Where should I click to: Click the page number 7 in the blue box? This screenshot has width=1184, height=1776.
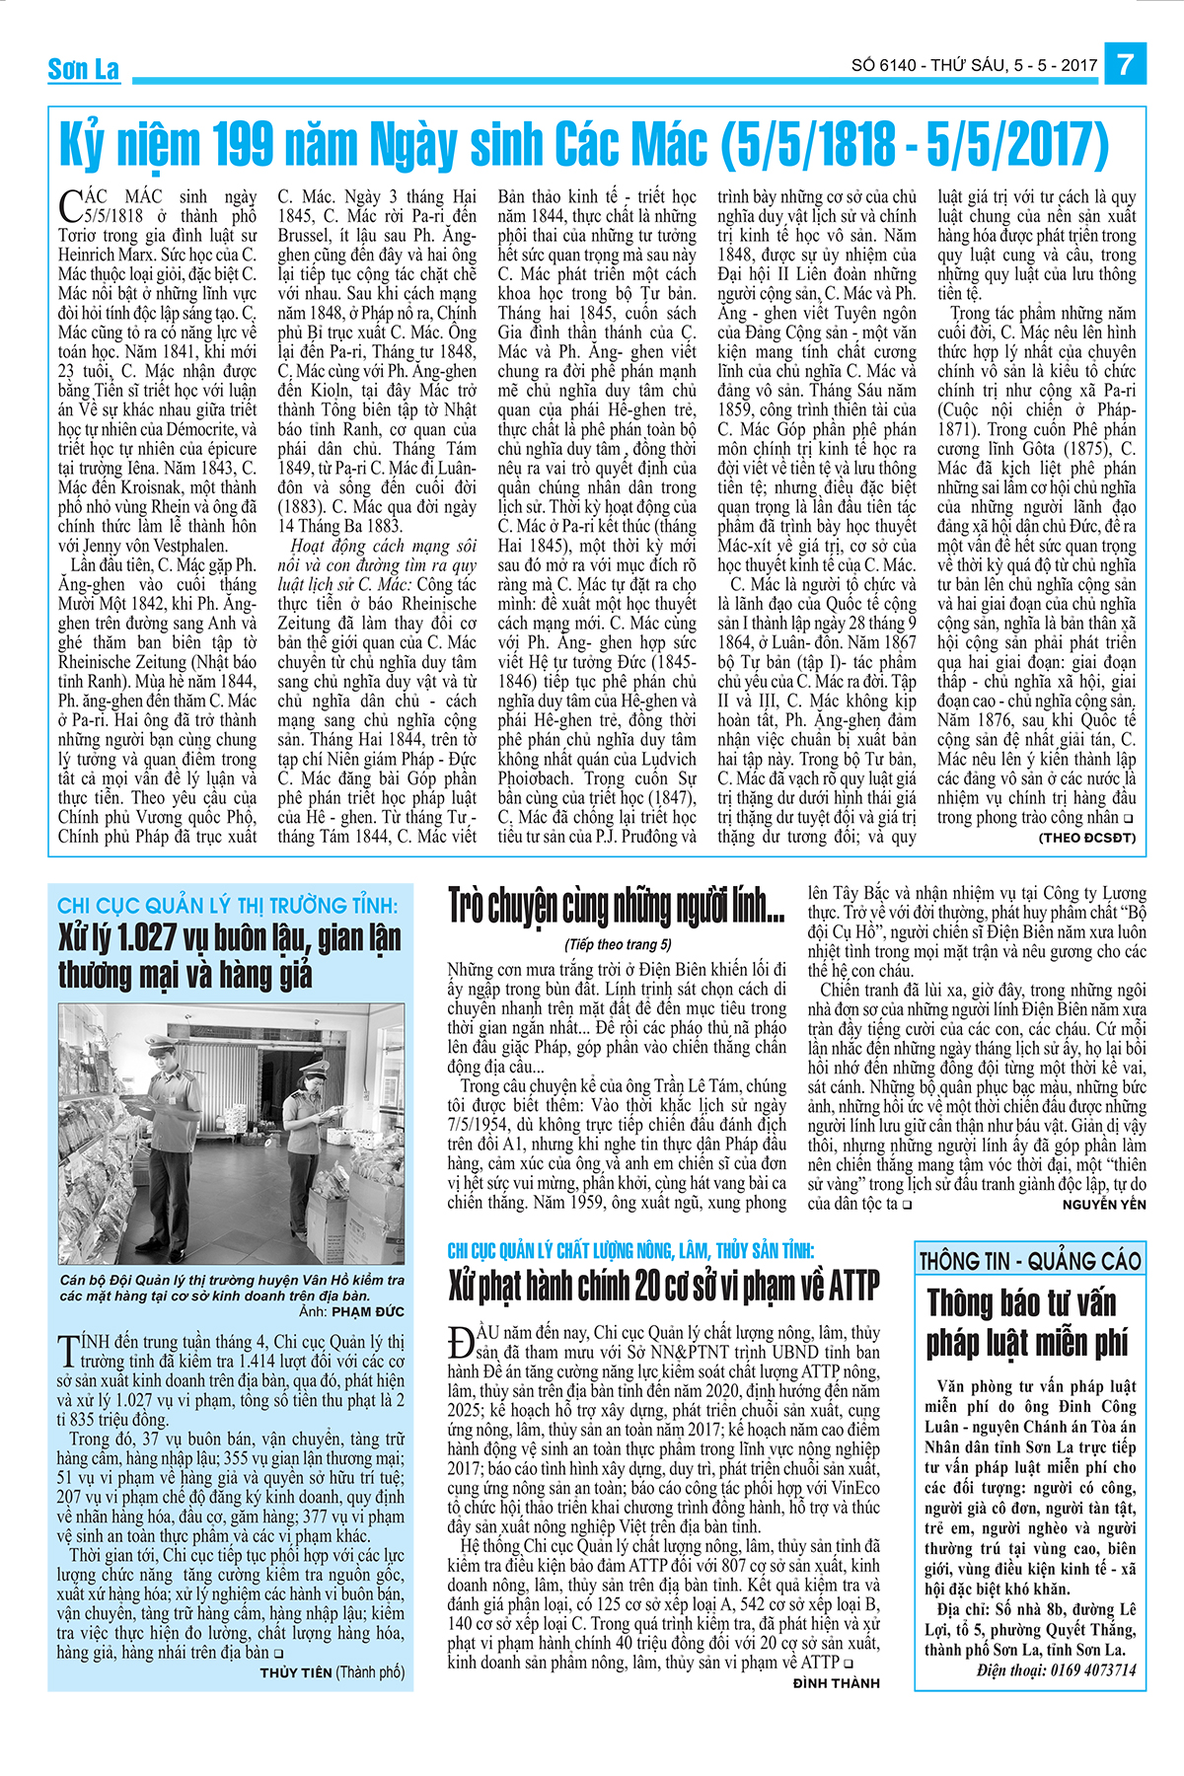pyautogui.click(x=1126, y=65)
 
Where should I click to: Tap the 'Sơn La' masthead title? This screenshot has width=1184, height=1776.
pyautogui.click(x=84, y=69)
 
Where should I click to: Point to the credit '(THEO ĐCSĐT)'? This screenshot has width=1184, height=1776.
pyautogui.click(x=1086, y=838)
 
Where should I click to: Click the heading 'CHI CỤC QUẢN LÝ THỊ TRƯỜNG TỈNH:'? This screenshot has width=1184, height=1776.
pyautogui.click(x=228, y=905)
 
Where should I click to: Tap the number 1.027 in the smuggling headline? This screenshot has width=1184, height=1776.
pyautogui.click(x=134, y=937)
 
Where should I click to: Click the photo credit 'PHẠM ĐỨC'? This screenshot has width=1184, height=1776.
pyautogui.click(x=368, y=1311)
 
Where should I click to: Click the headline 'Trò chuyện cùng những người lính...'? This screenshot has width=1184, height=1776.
pyautogui.click(x=617, y=906)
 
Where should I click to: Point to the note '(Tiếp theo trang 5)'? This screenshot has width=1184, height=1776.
pyautogui.click(x=618, y=944)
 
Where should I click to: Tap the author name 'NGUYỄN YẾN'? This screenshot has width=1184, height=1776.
pyautogui.click(x=1104, y=1204)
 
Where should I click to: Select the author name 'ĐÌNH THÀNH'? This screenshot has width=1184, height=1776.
pyautogui.click(x=836, y=1683)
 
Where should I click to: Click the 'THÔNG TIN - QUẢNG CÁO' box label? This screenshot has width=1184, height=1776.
pyautogui.click(x=1029, y=1261)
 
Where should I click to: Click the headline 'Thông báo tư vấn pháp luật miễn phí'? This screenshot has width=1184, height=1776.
pyautogui.click(x=1021, y=1322)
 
